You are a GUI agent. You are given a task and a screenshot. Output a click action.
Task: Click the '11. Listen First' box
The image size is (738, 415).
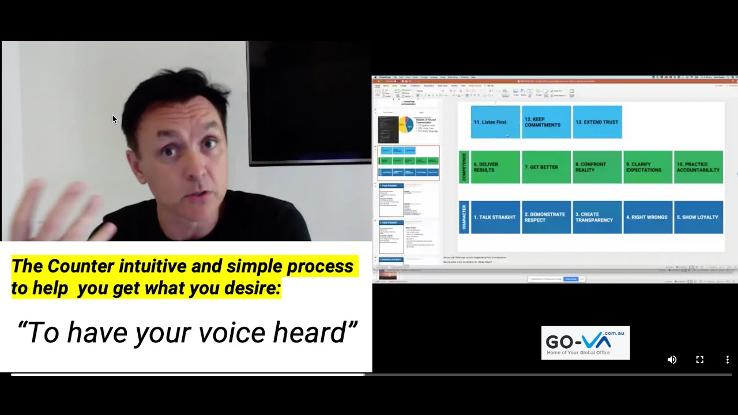[x=495, y=122]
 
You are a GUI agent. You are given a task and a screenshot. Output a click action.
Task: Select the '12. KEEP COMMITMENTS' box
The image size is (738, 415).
[x=546, y=122]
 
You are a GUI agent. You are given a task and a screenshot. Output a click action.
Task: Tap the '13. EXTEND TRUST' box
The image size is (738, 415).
[x=597, y=122]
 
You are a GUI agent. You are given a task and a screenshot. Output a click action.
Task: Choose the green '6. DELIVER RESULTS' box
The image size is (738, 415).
[x=495, y=167]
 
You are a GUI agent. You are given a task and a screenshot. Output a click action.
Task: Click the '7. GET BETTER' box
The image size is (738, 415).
[x=546, y=167]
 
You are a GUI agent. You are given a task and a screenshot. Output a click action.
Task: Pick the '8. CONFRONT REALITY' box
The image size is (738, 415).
[x=597, y=167]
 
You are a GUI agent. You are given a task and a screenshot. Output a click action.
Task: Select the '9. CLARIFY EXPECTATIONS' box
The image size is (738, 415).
[x=647, y=167]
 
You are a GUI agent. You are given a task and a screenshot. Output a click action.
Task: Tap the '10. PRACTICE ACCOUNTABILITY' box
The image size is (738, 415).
[x=698, y=167]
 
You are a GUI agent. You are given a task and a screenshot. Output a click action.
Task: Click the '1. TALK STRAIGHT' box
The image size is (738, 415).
[x=495, y=217]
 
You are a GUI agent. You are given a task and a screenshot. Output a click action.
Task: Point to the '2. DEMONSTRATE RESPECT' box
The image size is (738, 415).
[x=546, y=217]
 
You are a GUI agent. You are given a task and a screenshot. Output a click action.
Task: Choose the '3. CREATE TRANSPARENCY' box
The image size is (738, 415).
[x=597, y=217]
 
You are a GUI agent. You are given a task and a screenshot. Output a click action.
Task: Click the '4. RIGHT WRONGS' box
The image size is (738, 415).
[x=647, y=217]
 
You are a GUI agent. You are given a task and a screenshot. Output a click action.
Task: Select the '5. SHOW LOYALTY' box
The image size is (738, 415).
[x=698, y=217]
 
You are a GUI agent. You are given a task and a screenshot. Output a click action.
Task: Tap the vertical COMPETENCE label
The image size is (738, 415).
[x=464, y=167]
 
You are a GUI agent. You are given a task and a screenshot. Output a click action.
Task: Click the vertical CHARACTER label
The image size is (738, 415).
[x=464, y=217]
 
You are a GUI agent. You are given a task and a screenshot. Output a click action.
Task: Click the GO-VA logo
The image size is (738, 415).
[x=585, y=343]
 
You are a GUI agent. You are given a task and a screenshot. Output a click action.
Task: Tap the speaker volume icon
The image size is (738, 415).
[x=672, y=360]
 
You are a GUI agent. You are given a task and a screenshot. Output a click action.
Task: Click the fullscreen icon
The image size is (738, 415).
[x=699, y=360]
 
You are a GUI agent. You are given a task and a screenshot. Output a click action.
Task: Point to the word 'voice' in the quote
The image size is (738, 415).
[x=231, y=333]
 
